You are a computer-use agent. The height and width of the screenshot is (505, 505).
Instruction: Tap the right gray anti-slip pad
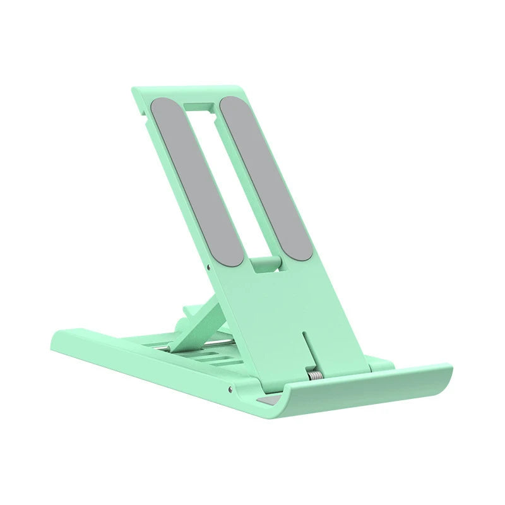[265, 177]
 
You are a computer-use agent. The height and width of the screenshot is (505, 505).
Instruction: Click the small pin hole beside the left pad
[208, 266]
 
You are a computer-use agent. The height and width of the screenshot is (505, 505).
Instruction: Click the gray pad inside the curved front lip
[268, 401]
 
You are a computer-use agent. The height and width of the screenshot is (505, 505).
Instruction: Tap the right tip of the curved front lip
[449, 367]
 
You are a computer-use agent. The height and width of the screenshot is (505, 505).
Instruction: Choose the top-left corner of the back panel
[135, 90]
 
